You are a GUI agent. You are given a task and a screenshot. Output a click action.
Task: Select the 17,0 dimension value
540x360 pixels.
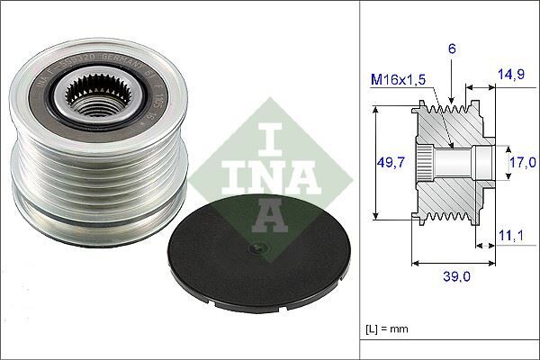[522, 162]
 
